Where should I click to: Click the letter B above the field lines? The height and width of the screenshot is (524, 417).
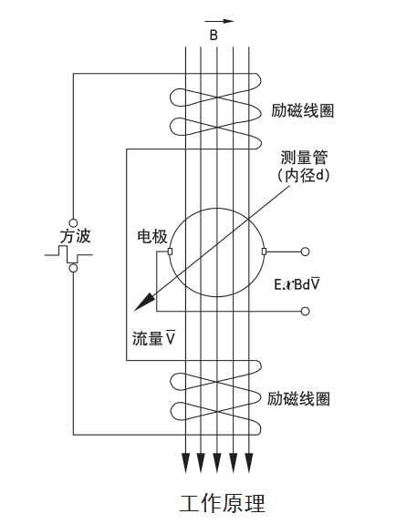coord(214,36)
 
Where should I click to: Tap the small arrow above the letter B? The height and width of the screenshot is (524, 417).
coord(220,21)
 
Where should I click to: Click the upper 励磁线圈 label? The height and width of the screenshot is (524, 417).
coord(303,111)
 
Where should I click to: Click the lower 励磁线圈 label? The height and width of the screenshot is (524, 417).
coord(298,398)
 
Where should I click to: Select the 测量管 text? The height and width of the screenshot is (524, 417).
coord(304,158)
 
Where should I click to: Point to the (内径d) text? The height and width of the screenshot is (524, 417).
coord(304,176)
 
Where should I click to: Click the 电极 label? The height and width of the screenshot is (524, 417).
coord(152,237)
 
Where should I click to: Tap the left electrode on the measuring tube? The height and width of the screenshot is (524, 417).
coord(170,252)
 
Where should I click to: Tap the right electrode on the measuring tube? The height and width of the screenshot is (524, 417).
coord(264,252)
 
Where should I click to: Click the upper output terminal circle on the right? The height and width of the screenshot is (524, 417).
coord(305,252)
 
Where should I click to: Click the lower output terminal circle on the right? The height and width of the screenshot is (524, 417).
coord(305,311)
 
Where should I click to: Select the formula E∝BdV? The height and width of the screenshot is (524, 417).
coord(297,284)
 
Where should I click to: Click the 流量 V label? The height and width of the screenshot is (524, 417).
coord(154,338)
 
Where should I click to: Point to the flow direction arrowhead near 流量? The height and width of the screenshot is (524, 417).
coord(144,302)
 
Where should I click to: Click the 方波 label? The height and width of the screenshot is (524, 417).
coord(76,236)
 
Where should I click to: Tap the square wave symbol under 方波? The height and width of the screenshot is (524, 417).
coord(68,254)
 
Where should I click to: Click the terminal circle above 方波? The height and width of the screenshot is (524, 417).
coord(73,222)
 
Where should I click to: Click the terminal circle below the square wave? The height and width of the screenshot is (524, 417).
coord(73,268)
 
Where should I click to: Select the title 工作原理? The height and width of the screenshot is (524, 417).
coord(223,504)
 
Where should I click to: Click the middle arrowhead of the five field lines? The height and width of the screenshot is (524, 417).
coord(217,463)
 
